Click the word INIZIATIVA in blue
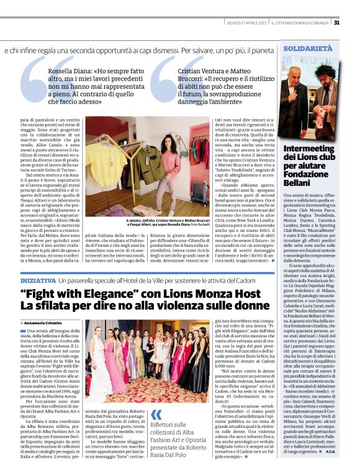click(x=38, y=282)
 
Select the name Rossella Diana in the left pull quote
click(x=69, y=71)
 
